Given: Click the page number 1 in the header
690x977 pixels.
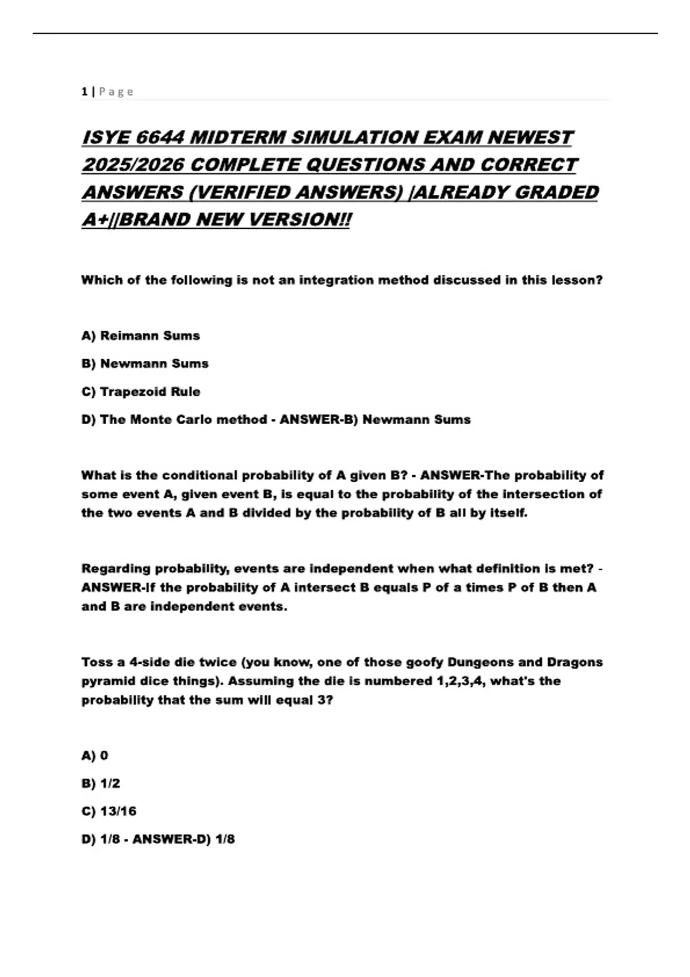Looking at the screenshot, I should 85,91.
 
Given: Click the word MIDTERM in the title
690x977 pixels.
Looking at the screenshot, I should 237,138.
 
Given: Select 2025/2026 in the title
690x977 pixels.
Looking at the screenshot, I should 133,165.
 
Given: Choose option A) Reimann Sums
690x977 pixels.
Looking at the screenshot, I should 140,336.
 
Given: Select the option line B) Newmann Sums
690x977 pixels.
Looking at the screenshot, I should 145,364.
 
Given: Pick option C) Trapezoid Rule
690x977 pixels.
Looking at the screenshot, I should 141,392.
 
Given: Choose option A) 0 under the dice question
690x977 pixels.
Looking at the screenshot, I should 95,755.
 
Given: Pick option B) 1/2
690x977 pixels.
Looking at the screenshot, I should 101,783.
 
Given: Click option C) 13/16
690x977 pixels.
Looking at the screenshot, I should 109,811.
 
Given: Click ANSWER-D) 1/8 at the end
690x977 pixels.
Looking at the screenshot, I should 183,839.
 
